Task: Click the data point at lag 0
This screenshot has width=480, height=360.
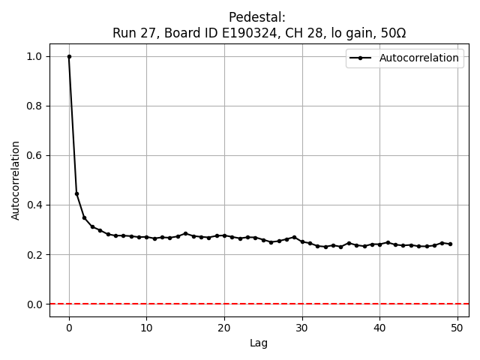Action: pyautogui.click(x=69, y=56)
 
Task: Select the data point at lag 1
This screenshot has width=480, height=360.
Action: pyautogui.click(x=76, y=193)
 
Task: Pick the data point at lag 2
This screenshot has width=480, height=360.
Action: pyautogui.click(x=85, y=217)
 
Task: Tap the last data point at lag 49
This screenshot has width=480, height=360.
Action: pyautogui.click(x=449, y=244)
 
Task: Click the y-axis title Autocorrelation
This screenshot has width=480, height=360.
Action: pyautogui.click(x=16, y=180)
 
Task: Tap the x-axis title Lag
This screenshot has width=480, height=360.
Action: pyautogui.click(x=259, y=343)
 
